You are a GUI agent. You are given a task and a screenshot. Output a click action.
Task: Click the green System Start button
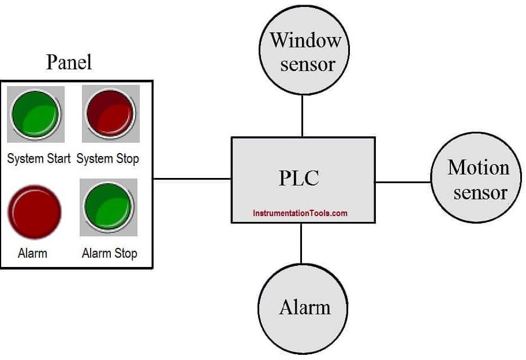36,114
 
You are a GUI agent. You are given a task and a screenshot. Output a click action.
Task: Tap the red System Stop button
111,113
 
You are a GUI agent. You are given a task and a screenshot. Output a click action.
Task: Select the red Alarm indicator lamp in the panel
34,211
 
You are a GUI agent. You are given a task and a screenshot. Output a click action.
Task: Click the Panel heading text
69,62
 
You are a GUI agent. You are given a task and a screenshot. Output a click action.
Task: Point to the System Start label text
39,158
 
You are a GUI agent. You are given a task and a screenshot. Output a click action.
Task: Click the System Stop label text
107,159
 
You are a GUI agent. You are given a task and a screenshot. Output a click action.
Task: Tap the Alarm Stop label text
110,253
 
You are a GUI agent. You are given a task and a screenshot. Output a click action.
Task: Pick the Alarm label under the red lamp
32,253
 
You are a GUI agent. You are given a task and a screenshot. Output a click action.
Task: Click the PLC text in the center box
299,178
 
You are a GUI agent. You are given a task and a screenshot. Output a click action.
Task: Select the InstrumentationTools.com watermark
300,213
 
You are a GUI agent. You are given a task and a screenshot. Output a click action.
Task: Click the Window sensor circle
304,50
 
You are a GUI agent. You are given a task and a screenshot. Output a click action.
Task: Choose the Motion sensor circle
476,177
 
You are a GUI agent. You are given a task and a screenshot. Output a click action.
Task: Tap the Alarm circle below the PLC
303,309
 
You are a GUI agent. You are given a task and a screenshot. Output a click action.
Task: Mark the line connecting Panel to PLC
192,179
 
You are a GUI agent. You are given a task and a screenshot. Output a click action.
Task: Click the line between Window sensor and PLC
302,116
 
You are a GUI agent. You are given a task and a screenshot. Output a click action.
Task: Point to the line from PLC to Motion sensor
403,183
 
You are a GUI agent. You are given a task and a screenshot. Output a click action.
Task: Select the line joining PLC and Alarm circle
301,243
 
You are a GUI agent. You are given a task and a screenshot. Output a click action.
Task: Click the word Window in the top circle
305,40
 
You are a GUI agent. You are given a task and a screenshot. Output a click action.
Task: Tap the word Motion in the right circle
478,167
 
